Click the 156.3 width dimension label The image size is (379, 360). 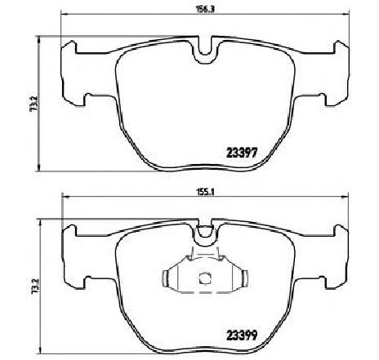tap(205, 9)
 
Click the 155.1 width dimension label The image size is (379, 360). tap(206, 192)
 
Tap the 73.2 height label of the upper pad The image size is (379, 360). tap(34, 103)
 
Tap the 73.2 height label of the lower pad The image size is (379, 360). tap(35, 287)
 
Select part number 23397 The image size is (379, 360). tap(242, 153)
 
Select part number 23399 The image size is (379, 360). tap(242, 336)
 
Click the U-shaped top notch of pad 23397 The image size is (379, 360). tap(205, 51)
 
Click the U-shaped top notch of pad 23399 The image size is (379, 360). tap(205, 234)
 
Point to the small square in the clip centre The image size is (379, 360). tap(204, 278)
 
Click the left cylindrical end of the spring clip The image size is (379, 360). tap(166, 278)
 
